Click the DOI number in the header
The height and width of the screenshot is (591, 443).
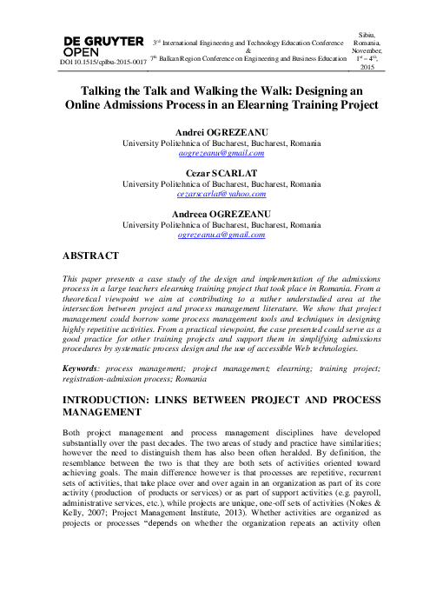point(102,63)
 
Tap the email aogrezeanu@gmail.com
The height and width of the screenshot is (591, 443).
point(221,153)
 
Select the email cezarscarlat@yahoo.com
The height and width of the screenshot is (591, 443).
point(221,195)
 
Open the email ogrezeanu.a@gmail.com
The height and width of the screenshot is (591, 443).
point(221,236)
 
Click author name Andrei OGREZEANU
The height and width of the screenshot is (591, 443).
point(221,131)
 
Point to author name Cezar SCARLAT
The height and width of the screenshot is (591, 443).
point(221,173)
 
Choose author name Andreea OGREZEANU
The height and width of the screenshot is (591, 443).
point(221,214)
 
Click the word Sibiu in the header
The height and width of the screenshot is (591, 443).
point(366,32)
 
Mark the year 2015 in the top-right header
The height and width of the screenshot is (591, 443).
point(366,67)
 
